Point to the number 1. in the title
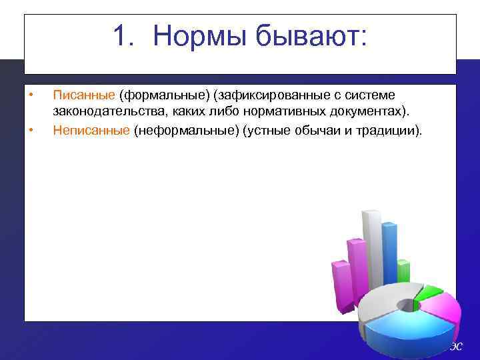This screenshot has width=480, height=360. point(125,36)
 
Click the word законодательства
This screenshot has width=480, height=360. point(106,112)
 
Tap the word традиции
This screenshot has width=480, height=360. point(386,130)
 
